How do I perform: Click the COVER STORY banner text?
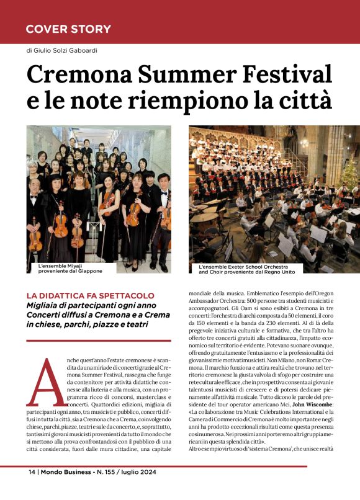click(x=68, y=29)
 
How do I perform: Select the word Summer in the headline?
click(x=178, y=74)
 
